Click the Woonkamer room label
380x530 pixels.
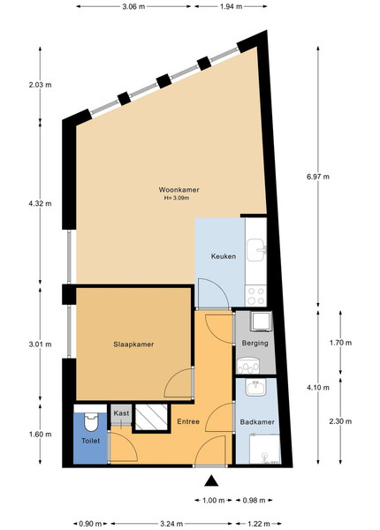pyautogui.click(x=179, y=190)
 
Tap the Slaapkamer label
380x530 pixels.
pyautogui.click(x=133, y=344)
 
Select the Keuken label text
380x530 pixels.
pyautogui.click(x=224, y=256)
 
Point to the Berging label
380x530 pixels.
pyautogui.click(x=255, y=343)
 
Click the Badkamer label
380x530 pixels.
pyautogui.click(x=257, y=422)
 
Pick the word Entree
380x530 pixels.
pyautogui.click(x=188, y=421)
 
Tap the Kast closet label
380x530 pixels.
pyautogui.click(x=121, y=413)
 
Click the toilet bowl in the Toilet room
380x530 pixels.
pyautogui.click(x=91, y=422)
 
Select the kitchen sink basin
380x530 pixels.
pyautogui.click(x=256, y=250)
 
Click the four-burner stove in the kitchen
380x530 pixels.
pyautogui.click(x=256, y=296)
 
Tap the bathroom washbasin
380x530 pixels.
pyautogui.click(x=256, y=387)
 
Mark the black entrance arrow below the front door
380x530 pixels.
pyautogui.click(x=211, y=481)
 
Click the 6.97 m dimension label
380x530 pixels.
pyautogui.click(x=318, y=177)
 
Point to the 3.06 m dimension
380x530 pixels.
pyautogui.click(x=133, y=6)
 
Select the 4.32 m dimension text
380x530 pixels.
pyautogui.click(x=41, y=203)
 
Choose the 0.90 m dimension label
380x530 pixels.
pyautogui.click(x=90, y=524)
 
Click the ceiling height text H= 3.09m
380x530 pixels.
pyautogui.click(x=177, y=198)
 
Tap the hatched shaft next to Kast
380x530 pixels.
pyautogui.click(x=151, y=417)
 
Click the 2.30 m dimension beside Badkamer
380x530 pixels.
pyautogui.click(x=340, y=421)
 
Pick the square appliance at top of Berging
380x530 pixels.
pyautogui.click(x=261, y=322)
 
